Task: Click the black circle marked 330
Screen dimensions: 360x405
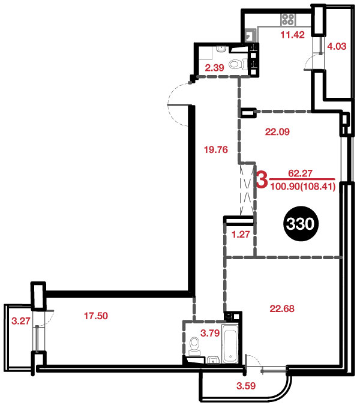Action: point(301,224)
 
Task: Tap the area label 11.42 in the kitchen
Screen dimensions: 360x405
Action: point(293,35)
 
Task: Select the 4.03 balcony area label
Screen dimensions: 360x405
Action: point(337,46)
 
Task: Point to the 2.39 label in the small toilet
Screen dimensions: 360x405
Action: point(214,68)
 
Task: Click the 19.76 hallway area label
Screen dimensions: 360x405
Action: point(216,149)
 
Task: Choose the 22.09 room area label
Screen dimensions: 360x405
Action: point(277,132)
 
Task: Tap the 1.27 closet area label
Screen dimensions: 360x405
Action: point(241,235)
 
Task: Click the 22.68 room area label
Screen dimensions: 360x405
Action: point(282,308)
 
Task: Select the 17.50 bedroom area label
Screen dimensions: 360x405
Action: point(96,316)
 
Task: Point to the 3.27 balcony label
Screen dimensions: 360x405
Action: point(21,321)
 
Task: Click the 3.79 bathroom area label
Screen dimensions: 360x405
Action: point(210,333)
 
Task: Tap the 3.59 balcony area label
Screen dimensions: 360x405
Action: point(246,386)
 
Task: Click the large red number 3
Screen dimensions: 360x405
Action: point(262,181)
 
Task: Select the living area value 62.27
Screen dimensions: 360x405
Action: point(301,173)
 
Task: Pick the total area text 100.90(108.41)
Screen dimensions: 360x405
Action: point(302,186)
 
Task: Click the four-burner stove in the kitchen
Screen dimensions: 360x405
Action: point(288,20)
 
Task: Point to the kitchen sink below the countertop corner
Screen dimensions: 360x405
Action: point(250,35)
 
